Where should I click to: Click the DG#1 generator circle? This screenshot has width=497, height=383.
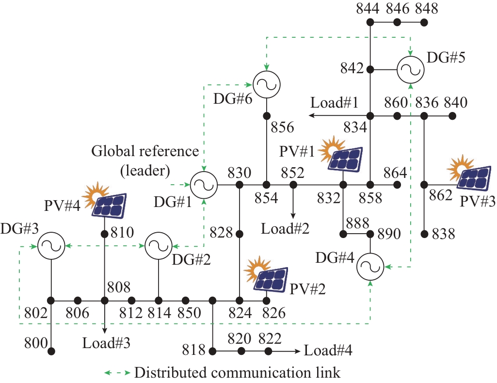tap(203, 185)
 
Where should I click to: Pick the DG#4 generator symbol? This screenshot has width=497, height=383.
tap(370, 267)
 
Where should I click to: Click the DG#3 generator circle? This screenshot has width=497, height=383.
tap(51, 246)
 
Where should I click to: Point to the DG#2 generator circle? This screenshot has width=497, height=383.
tap(159, 246)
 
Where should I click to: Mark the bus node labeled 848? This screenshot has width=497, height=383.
tap(424, 22)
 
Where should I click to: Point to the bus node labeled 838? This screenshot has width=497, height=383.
tap(424, 234)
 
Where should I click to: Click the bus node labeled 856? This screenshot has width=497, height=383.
tap(266, 116)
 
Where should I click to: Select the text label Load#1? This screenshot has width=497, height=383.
tap(334, 103)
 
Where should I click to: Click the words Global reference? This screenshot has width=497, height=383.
tap(145, 151)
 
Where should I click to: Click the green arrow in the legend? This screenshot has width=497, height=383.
tap(118, 373)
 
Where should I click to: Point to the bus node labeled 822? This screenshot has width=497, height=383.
tap(268, 351)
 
